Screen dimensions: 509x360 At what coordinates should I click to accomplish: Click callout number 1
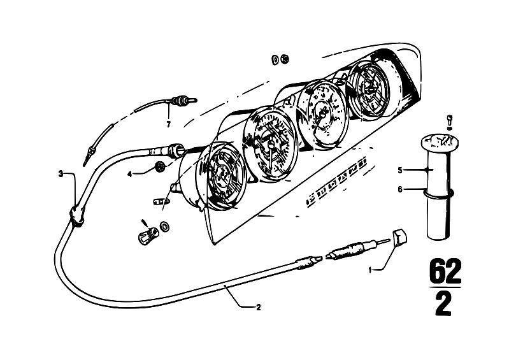click(370, 269)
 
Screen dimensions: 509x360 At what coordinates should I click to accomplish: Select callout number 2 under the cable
click(259, 306)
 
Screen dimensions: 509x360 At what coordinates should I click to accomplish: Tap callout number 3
click(61, 174)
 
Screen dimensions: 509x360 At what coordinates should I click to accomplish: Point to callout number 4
click(130, 175)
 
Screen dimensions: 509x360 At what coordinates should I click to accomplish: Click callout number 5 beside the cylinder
click(400, 170)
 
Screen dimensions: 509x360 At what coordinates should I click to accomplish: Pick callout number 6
click(400, 189)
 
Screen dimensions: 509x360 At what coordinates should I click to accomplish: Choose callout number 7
click(168, 124)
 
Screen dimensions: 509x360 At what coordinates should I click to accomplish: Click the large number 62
click(445, 271)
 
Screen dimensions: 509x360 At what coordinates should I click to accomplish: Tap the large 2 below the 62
click(443, 303)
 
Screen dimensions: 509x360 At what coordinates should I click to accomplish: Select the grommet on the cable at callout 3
click(77, 215)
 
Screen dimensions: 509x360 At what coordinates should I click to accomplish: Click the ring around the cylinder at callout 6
click(438, 194)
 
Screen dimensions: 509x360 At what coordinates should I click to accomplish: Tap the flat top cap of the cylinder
click(439, 142)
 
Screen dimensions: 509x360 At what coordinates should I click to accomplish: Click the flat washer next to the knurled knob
click(164, 226)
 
